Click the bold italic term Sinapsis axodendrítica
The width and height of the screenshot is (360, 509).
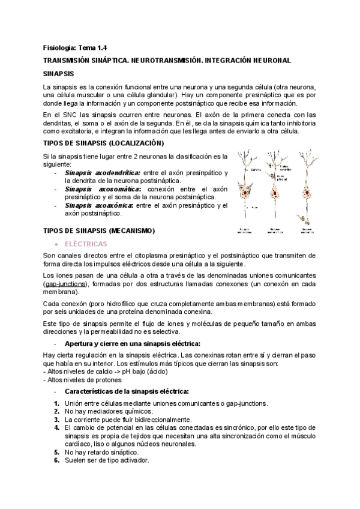click(x=102, y=173)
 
